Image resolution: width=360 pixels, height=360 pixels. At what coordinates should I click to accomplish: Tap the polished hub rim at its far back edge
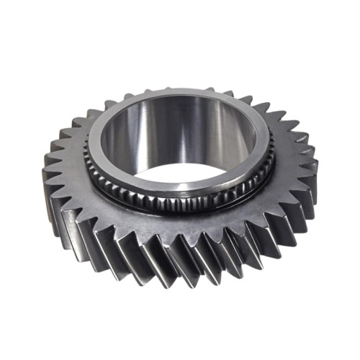point(180,94)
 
